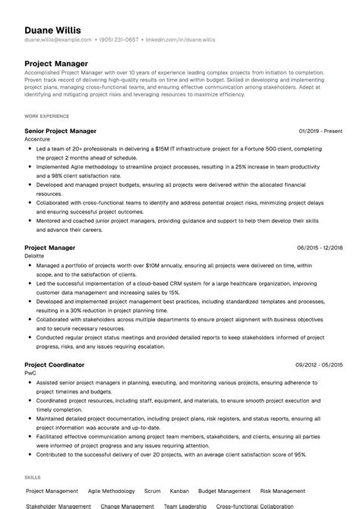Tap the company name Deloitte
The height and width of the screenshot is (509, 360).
(x=35, y=256)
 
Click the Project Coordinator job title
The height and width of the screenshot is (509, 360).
(x=55, y=365)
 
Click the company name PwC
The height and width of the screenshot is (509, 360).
(x=31, y=373)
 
